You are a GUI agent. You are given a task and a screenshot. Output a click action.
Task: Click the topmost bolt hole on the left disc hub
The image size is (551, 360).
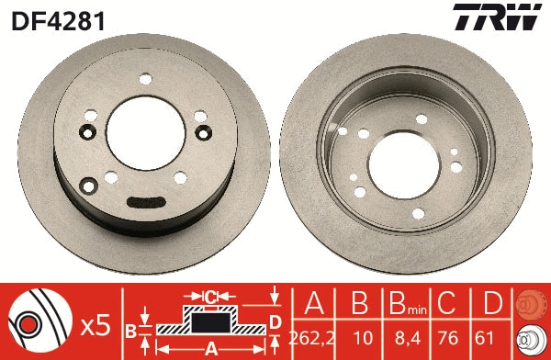pos(144,80)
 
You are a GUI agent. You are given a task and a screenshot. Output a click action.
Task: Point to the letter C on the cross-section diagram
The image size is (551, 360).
pos(209,297)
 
